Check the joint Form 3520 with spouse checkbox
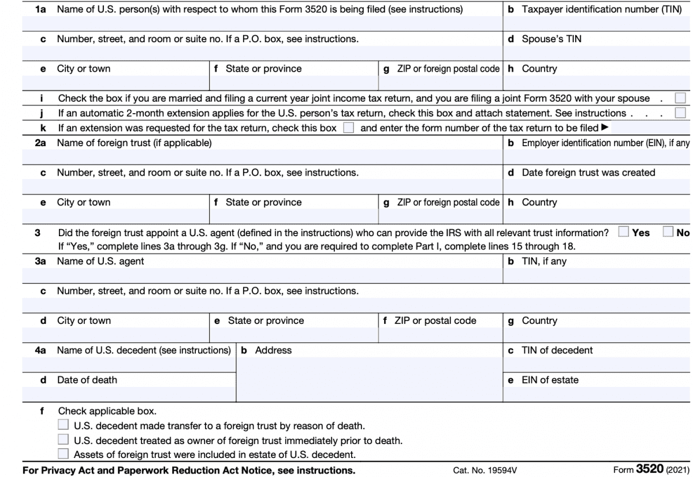tap(681, 98)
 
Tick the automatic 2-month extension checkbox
tap(681, 113)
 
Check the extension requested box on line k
tap(348, 128)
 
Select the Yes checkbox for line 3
tap(623, 232)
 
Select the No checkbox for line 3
tap(668, 232)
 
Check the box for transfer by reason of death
tap(64, 426)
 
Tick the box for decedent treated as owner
tap(64, 440)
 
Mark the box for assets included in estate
tap(64, 454)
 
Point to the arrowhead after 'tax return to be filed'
tap(605, 128)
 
